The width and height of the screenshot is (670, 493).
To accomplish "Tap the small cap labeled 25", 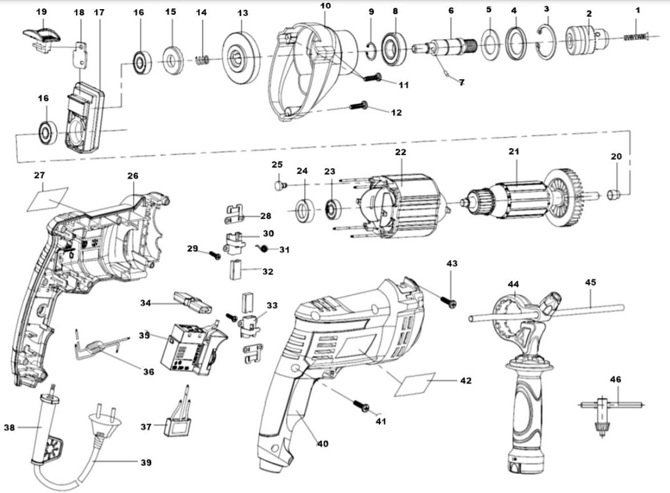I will (279, 184).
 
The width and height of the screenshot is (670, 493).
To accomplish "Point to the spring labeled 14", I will (203, 59).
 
